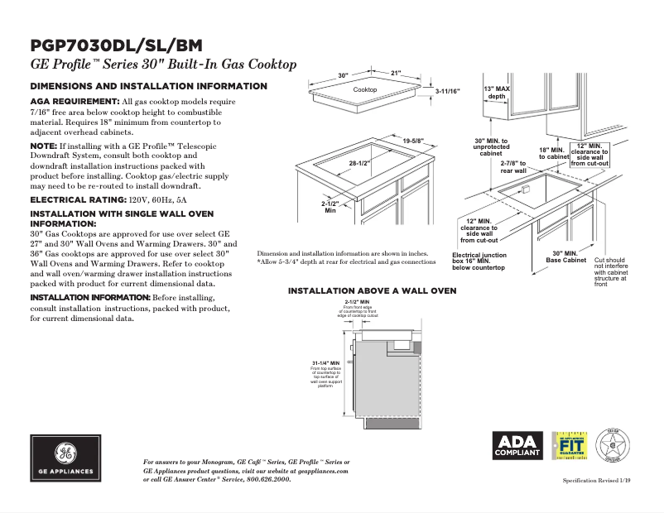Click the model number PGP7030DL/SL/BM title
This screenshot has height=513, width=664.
pyautogui.click(x=116, y=46)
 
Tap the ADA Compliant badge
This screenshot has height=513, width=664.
pyautogui.click(x=517, y=446)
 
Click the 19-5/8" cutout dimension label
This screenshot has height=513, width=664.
pyautogui.click(x=413, y=141)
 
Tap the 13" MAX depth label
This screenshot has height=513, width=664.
pyautogui.click(x=496, y=92)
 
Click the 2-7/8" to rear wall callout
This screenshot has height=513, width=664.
pyautogui.click(x=513, y=167)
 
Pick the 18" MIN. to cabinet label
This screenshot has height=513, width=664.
pyautogui.click(x=554, y=153)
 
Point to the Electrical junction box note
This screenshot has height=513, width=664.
pyautogui.click(x=479, y=261)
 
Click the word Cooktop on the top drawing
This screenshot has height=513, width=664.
pyautogui.click(x=365, y=89)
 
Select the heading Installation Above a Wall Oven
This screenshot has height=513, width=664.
pyautogui.click(x=372, y=291)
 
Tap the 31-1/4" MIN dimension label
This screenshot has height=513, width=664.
pyautogui.click(x=325, y=363)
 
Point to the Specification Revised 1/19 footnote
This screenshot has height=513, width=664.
pyautogui.click(x=596, y=481)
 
